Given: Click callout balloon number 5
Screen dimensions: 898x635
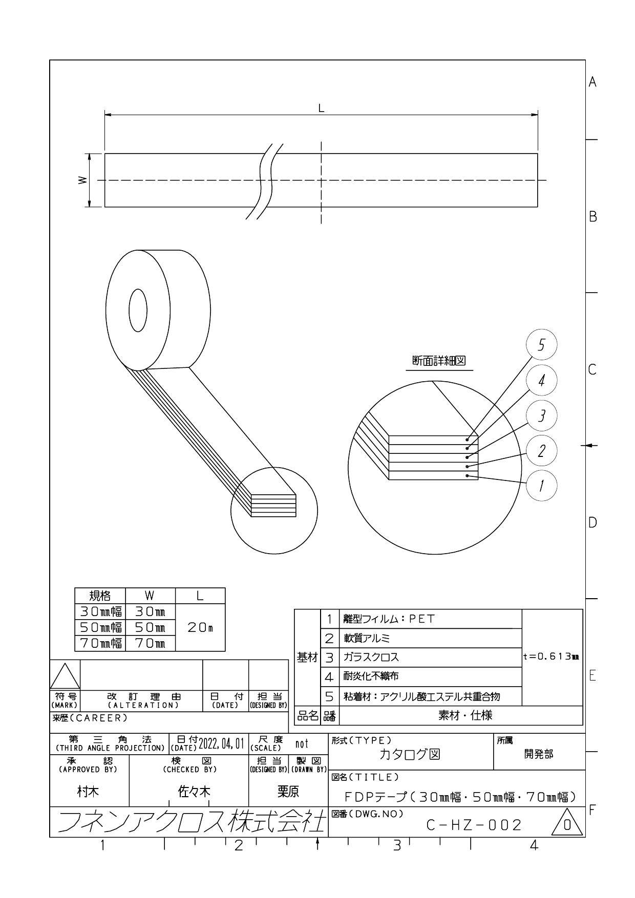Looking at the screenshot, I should click(x=541, y=345).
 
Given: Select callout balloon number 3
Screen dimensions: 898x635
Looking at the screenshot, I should click(x=541, y=415).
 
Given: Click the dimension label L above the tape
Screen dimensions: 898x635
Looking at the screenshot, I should click(x=321, y=108).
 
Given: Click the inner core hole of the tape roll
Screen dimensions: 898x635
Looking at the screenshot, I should click(x=138, y=310).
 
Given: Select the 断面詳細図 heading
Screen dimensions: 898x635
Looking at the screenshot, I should click(x=439, y=361).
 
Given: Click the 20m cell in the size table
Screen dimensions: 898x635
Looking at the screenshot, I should click(x=200, y=627).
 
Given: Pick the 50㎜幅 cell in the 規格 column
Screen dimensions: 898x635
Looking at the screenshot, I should click(x=100, y=627).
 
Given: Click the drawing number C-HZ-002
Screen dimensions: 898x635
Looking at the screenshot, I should click(x=474, y=825).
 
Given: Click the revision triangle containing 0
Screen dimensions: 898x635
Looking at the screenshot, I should click(x=566, y=823).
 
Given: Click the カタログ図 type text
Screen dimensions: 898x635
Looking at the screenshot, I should click(x=409, y=754).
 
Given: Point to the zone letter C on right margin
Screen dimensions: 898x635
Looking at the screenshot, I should click(x=592, y=369).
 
